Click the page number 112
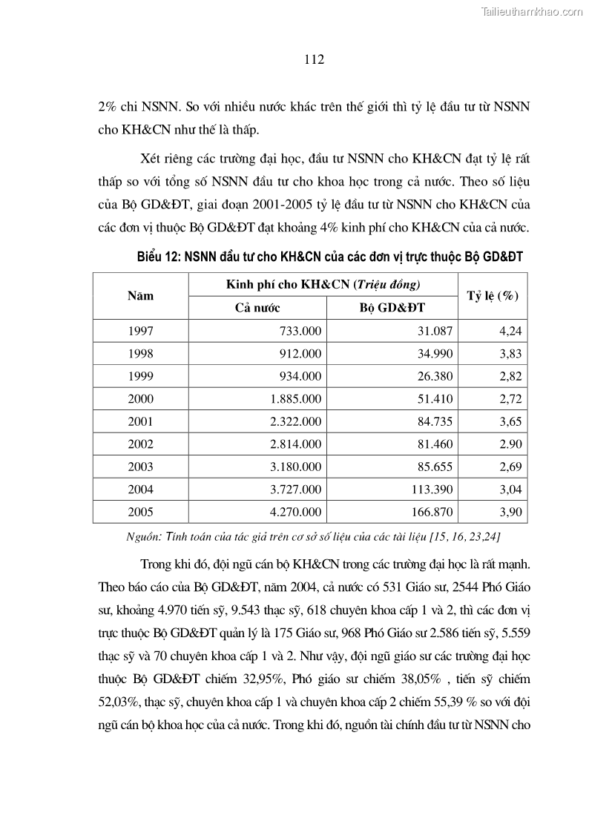tap(315, 60)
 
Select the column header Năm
tap(140, 295)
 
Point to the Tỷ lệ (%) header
tap(492, 295)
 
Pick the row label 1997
tap(140, 331)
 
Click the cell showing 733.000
tap(300, 331)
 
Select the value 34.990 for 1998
tap(434, 353)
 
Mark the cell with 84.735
tap(434, 421)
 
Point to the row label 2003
tap(140, 467)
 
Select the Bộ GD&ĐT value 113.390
tap(430, 489)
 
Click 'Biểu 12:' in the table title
tap(159, 257)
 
